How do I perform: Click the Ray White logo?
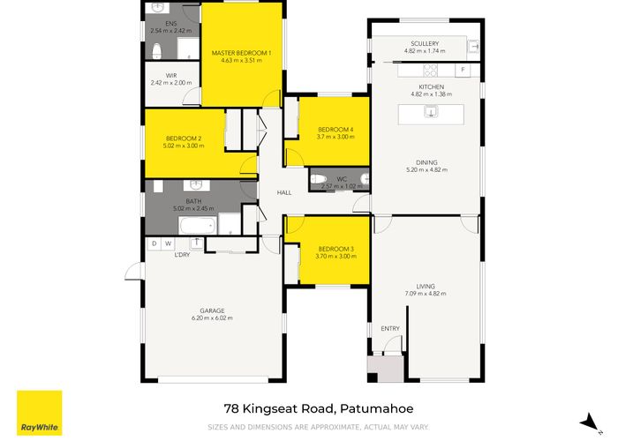40,413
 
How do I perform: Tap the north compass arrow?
589,422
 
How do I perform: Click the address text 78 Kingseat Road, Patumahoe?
319,408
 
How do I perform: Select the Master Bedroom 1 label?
241,53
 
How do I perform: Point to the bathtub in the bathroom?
198,226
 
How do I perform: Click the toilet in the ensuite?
157,51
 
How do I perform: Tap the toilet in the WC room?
318,179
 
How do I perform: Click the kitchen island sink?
431,112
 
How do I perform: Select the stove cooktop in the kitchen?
431,71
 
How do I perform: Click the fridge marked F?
463,70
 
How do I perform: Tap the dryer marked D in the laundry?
154,243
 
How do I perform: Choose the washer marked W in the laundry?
169,243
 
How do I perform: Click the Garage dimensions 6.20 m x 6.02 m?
212,318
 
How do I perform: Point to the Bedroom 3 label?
335,249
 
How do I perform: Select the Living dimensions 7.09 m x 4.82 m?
426,294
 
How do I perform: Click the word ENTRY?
390,328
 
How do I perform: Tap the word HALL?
284,192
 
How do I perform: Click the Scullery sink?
474,47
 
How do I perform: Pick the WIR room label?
171,75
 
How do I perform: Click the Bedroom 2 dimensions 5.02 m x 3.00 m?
184,146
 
